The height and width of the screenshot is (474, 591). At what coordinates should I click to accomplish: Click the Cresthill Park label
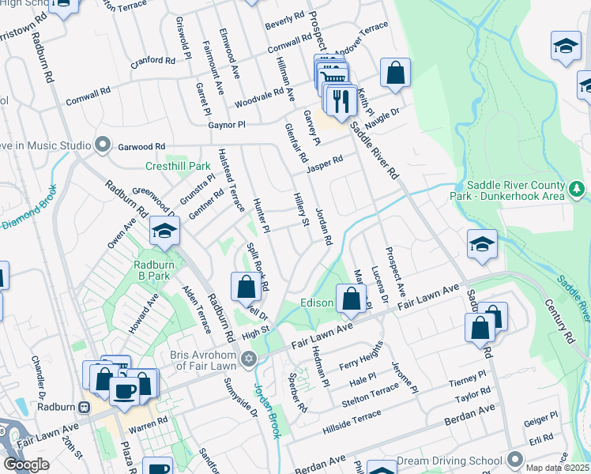(x=178, y=167)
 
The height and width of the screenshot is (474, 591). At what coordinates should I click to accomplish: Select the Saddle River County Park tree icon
(x=577, y=189)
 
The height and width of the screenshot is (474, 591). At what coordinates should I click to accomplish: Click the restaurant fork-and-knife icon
(x=341, y=101)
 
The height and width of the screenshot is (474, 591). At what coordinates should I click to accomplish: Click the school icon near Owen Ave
(x=165, y=231)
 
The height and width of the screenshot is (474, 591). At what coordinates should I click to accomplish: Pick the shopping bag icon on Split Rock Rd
(x=247, y=288)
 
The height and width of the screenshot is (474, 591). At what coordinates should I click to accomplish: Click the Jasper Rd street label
(x=325, y=163)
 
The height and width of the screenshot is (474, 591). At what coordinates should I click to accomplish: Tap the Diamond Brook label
(x=28, y=207)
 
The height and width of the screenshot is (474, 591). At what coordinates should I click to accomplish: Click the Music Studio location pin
(x=102, y=145)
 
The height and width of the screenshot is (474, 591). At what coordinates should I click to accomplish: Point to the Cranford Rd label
(x=153, y=60)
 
